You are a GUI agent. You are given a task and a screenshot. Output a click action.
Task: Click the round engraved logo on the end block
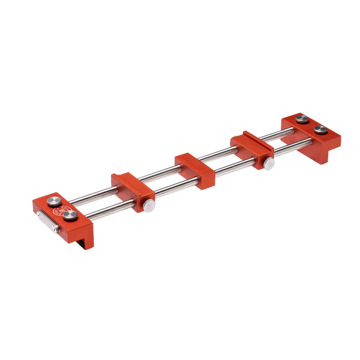coord(60,211)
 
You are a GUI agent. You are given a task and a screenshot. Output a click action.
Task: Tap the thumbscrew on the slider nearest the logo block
coord(148,206)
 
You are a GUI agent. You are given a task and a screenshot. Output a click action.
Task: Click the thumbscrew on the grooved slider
coord(271,163)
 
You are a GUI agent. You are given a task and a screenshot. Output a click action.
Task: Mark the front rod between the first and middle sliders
coord(174,187)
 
